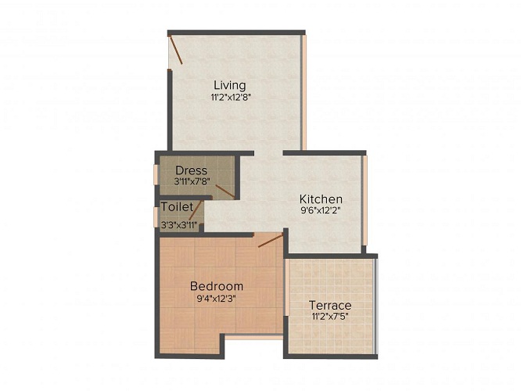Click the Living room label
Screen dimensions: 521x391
tap(230, 85)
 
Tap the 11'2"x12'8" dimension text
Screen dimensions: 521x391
tap(230, 97)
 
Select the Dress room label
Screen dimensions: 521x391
tap(191, 170)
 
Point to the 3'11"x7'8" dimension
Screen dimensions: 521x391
tap(191, 181)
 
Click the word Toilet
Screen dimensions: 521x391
tap(177, 206)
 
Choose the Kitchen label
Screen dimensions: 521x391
tap(321, 199)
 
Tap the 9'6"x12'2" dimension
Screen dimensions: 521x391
tap(321, 210)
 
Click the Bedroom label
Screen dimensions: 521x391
tap(217, 285)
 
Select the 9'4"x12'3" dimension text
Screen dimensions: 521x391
tap(217, 298)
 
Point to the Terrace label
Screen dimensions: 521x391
tap(330, 305)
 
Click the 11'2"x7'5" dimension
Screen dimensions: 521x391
tap(330, 316)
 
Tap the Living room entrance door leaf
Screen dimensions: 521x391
tap(175, 50)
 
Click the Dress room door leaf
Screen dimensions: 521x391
tap(225, 192)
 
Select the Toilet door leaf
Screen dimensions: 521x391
tap(196, 210)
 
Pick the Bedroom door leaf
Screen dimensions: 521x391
tap(271, 241)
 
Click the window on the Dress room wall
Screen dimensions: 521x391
tap(156, 174)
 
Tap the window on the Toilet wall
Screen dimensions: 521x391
tap(156, 217)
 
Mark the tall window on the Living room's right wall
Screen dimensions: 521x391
tap(304, 92)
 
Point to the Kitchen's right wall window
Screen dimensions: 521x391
tap(365, 201)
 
